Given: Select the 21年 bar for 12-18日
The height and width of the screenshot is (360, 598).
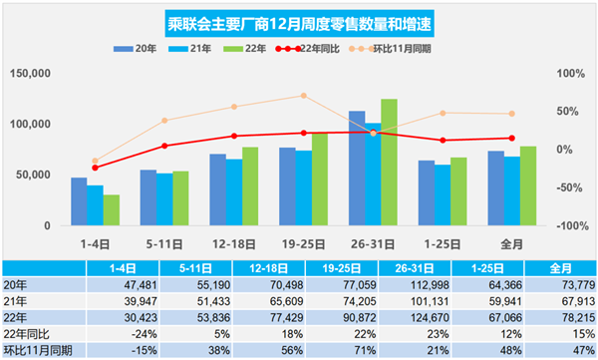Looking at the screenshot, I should click(x=234, y=191).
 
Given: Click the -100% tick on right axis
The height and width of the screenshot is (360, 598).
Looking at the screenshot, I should click(x=570, y=226).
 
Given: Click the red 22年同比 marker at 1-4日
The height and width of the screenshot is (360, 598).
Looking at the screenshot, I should click(x=96, y=168).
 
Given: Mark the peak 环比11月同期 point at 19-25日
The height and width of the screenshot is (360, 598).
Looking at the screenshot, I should click(x=303, y=96).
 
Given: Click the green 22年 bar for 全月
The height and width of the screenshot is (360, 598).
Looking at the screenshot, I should click(x=528, y=185).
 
